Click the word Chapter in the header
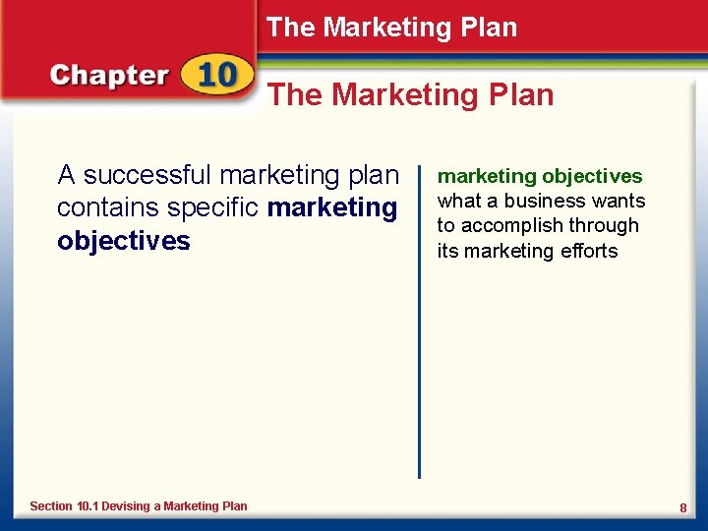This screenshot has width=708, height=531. click(x=109, y=77)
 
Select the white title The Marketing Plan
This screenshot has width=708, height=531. click(x=391, y=28)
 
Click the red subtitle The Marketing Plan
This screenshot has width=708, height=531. click(x=411, y=94)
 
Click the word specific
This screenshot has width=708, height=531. click(x=211, y=208)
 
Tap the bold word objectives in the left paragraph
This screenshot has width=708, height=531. click(x=124, y=242)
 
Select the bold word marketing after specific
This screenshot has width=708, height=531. click(x=332, y=208)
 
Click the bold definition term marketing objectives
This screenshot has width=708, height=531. click(x=539, y=177)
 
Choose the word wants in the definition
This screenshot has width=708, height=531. click(x=619, y=201)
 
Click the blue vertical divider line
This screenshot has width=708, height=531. click(x=420, y=324)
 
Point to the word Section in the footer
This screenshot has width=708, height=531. click(x=51, y=505)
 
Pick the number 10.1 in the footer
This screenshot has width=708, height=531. click(x=89, y=505)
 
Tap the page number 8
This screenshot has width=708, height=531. click(x=682, y=507)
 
